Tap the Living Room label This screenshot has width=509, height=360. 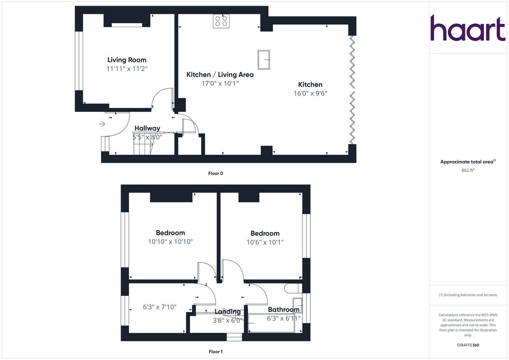[x=127, y=60]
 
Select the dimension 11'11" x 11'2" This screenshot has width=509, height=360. [x=127, y=69]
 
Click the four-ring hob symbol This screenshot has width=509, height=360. [x=221, y=21]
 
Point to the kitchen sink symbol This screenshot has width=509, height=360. [x=264, y=59]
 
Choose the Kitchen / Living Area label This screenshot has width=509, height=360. [x=220, y=75]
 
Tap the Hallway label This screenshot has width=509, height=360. [x=147, y=128]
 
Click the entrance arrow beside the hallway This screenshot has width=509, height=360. [x=102, y=124]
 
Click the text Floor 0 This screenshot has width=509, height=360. [x=215, y=173]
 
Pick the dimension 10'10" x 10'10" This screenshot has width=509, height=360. [x=171, y=242]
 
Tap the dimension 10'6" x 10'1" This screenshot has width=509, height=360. [x=265, y=243]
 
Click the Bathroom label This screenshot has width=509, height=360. [x=283, y=310]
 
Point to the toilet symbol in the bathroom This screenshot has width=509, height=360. [x=291, y=288]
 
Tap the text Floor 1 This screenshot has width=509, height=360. [x=215, y=352]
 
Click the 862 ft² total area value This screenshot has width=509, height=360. [x=467, y=170]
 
